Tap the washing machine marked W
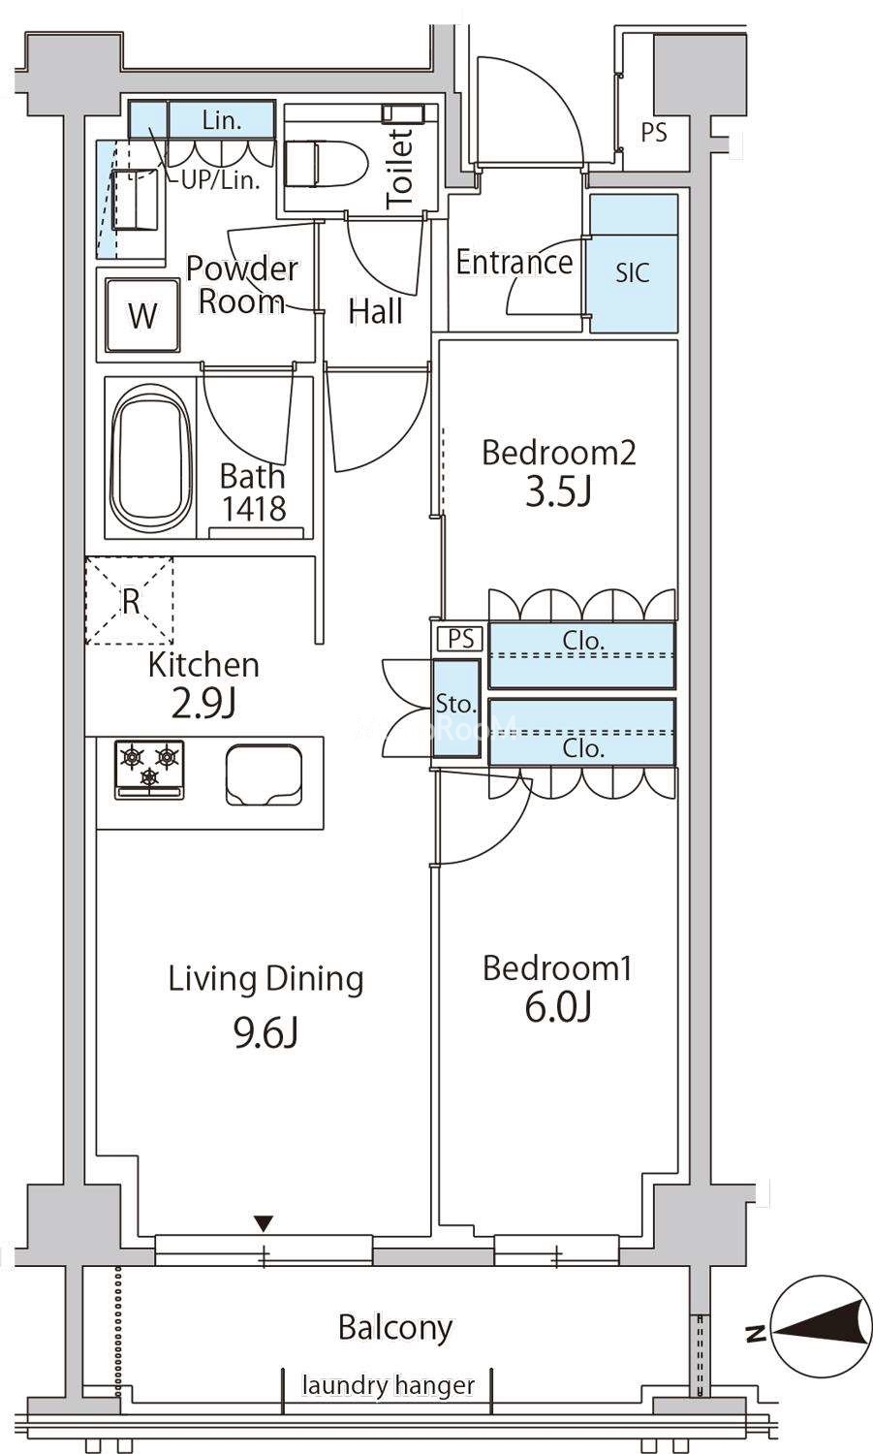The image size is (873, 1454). tap(142, 315)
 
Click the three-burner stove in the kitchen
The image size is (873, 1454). tap(149, 770)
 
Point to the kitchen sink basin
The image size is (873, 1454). tap(264, 775)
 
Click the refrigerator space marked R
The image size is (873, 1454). tap(130, 600)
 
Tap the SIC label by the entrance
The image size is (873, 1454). tap(633, 272)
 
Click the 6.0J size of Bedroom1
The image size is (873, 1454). tap(558, 1008)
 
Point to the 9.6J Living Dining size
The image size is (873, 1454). tap(265, 1033)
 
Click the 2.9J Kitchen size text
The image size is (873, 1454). tap(203, 705)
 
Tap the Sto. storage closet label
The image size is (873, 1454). tap(455, 705)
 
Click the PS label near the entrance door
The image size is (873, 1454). tap(654, 133)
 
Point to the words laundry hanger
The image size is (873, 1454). tap(389, 1386)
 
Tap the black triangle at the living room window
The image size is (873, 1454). tap(263, 1223)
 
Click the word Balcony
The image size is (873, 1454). tap(395, 1329)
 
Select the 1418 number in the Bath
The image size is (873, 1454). tap(255, 509)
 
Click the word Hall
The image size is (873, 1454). tap(376, 311)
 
